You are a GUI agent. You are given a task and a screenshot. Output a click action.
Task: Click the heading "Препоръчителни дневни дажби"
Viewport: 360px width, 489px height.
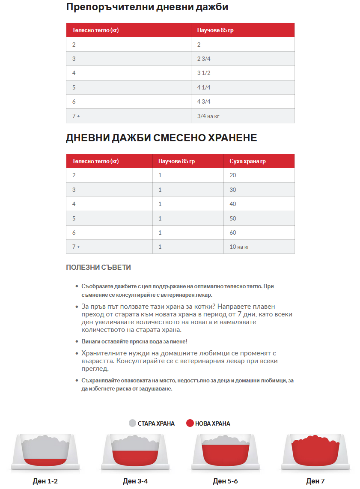pos(147,7)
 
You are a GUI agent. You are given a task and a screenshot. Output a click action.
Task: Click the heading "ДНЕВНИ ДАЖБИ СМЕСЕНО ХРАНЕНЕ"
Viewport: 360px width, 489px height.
pos(161,138)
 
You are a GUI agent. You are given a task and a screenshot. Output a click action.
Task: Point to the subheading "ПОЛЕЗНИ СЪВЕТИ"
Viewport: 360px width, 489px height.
pos(98,267)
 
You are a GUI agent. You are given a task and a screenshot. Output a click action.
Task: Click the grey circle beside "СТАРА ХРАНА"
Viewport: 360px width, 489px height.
pos(132,423)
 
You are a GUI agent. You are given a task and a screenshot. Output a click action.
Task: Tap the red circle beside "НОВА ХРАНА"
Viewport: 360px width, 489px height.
pos(190,423)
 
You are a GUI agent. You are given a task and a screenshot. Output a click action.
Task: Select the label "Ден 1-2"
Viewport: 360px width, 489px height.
pos(45,481)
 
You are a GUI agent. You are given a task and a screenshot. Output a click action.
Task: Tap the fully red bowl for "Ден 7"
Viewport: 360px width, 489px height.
pos(315,453)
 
